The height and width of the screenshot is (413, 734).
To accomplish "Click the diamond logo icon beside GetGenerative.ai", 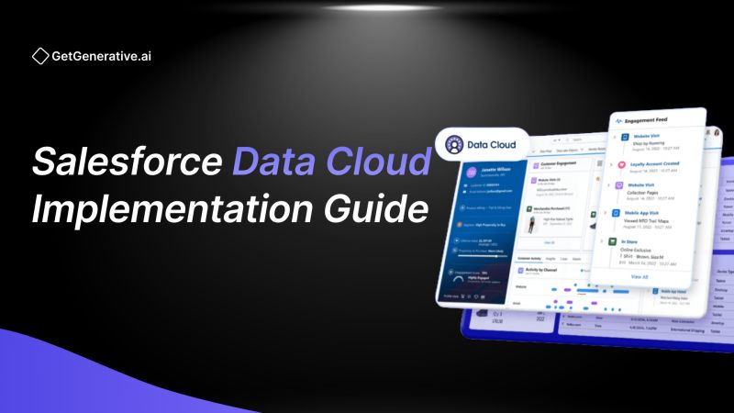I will pos(40,57).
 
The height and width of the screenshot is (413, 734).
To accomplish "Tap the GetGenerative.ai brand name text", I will pos(102,57).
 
